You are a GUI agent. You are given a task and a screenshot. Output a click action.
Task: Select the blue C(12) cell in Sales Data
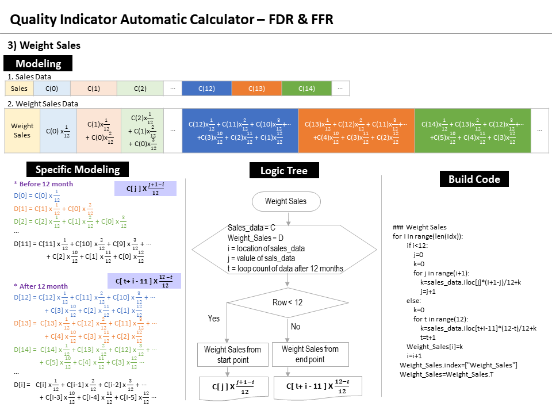[x=206, y=89]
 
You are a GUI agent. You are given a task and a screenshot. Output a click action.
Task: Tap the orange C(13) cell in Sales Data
[x=256, y=89]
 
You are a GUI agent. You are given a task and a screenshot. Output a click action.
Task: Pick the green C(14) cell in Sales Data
[x=306, y=89]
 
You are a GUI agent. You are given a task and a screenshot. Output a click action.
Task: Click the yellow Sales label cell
[x=19, y=89]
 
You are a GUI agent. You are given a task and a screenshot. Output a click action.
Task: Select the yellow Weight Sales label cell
[x=22, y=131]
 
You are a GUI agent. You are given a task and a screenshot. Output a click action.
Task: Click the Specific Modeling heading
[x=78, y=169]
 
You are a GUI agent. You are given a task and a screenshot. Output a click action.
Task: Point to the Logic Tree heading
[x=284, y=171]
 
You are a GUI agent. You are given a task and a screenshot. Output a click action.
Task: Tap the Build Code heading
[x=474, y=179]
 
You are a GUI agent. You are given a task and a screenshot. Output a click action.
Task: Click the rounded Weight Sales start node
[x=286, y=201]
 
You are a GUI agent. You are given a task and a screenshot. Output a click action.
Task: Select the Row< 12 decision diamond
[x=287, y=302]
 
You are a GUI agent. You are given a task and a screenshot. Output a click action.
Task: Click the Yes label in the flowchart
[x=213, y=319]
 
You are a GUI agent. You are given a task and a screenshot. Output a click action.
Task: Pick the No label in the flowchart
[x=296, y=326]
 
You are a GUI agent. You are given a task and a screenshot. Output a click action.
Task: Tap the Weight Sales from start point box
[x=232, y=354]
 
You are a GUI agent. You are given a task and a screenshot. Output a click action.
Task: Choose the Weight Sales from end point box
[x=310, y=354]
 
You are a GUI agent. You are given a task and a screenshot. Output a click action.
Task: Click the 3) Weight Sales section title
[x=44, y=45]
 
